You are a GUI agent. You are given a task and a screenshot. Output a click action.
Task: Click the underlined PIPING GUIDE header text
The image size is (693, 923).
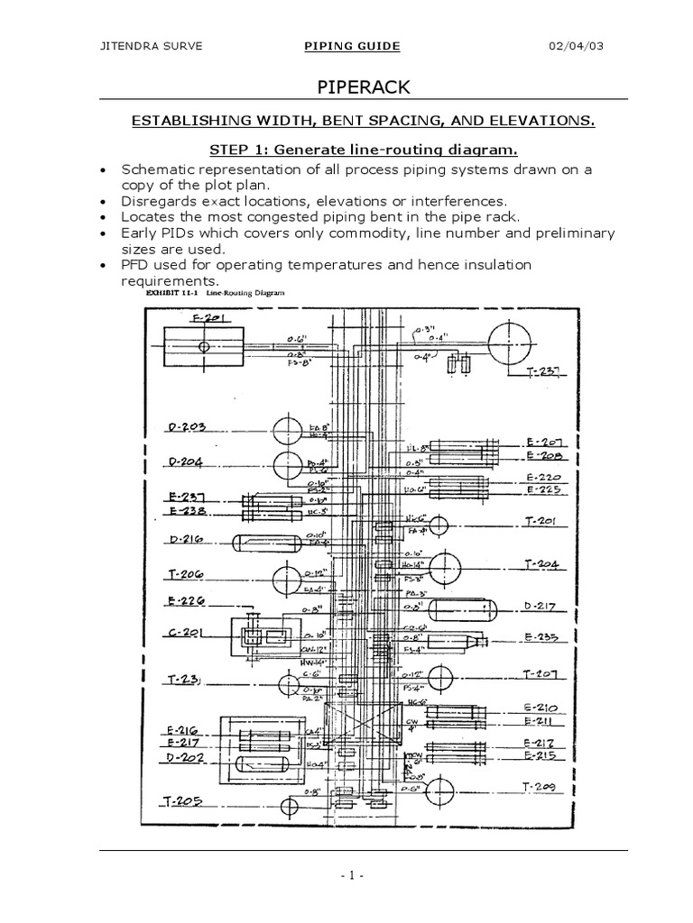click(352, 47)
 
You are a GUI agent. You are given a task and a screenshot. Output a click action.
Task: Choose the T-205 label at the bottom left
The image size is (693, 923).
click(183, 800)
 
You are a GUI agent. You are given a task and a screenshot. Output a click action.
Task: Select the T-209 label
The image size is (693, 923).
click(543, 787)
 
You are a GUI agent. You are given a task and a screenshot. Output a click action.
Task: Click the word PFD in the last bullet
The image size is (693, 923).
click(136, 264)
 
